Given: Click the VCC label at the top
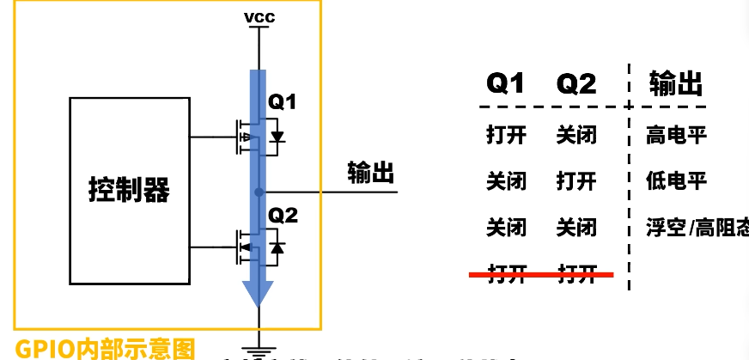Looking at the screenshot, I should coord(259,17).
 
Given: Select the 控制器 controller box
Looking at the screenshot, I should coord(130,190).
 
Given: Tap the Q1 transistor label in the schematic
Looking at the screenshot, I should coord(283,102).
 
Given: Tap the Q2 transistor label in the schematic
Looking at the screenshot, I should coord(283,215).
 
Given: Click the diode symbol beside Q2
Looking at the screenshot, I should coord(277,248).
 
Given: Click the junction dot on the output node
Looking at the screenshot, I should coord(259,191).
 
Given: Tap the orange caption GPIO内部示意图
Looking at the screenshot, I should coord(105,348).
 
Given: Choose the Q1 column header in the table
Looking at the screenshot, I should coord(505,83).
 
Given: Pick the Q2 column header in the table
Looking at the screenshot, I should coord(576,83).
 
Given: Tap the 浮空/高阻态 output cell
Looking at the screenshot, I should coord(696,228).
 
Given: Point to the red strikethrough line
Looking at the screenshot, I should coord(541,275).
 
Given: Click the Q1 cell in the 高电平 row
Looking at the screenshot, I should coord(505,136).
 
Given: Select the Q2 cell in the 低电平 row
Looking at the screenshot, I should coord(576,181).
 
